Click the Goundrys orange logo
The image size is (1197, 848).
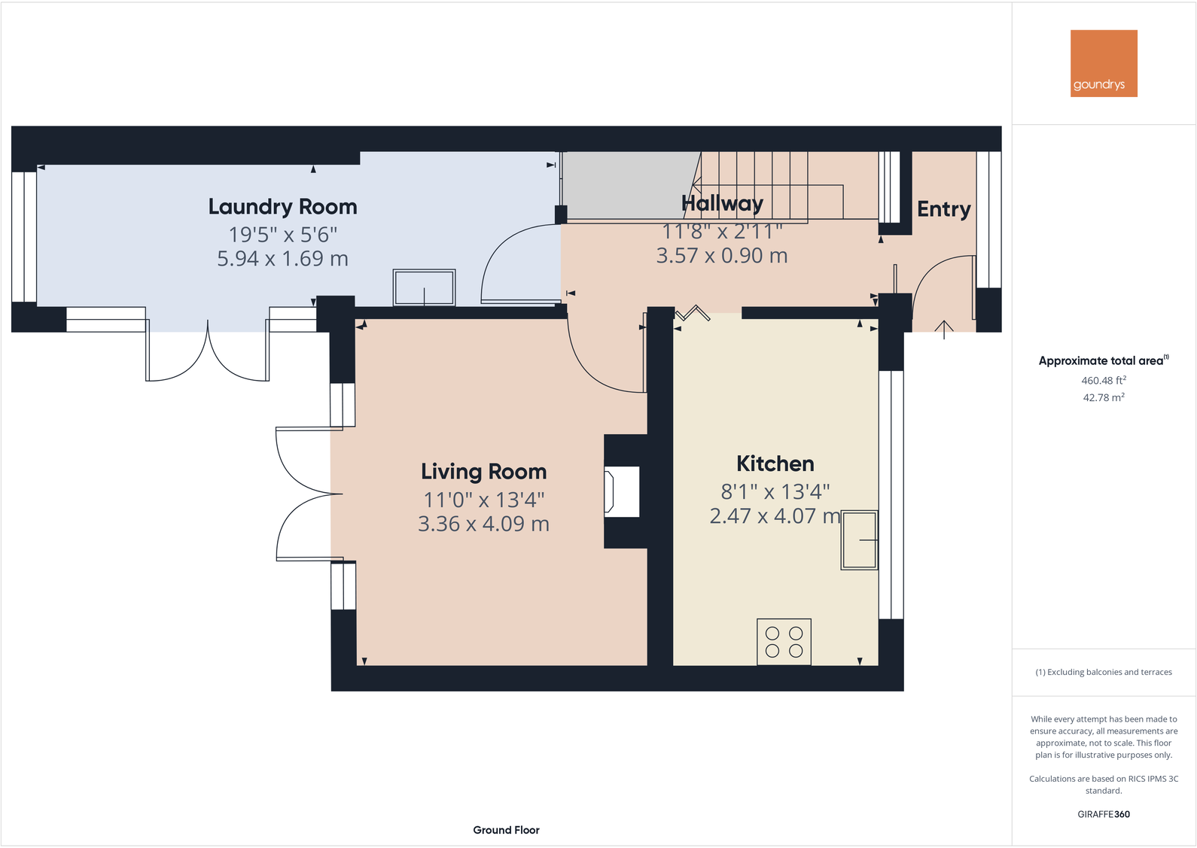pos(1104,63)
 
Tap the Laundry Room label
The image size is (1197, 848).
pos(282,207)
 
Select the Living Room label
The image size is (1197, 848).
pos(483,472)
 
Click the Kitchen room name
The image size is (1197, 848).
pos(775,464)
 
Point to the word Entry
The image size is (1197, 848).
pos(943,209)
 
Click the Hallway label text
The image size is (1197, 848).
pos(722,204)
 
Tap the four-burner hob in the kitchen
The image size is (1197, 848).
pos(784,642)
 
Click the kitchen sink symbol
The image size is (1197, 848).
pos(859,539)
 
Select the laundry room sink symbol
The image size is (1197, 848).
pos(424,287)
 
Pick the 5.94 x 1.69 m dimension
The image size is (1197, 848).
pos(282,259)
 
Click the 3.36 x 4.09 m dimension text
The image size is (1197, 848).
pos(483,524)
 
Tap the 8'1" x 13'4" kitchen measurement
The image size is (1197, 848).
pos(775,491)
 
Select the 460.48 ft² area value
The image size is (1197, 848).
pos(1103,381)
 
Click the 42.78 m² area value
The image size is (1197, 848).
pos(1103,397)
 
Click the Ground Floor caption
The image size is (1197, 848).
pos(506,830)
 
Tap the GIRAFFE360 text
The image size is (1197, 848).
pos(1103,814)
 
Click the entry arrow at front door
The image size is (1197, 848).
pos(944,329)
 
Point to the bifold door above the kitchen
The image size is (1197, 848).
pos(693,312)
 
